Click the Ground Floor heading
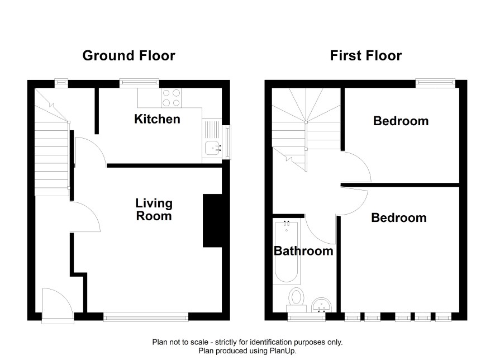tap(129, 55)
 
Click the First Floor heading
tap(366, 55)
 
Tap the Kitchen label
tap(157, 119)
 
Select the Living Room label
tap(154, 210)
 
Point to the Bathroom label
tap(303, 251)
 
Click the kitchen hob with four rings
tap(171, 98)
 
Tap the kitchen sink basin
tap(213, 148)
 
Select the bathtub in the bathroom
tap(287, 252)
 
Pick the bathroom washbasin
tap(321, 305)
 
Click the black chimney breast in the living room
tap(212, 220)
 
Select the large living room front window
tap(146, 317)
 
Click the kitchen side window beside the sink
tap(226, 142)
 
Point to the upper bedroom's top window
tap(435, 83)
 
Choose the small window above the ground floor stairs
tap(61, 83)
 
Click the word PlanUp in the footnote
tap(282, 350)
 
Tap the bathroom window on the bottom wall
tap(306, 317)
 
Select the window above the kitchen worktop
tap(139, 83)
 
